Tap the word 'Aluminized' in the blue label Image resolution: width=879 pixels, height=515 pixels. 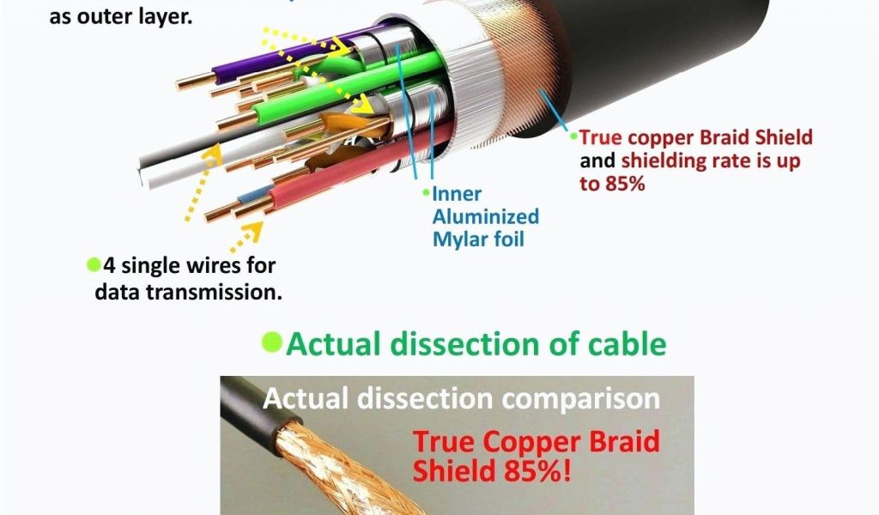tap(485, 216)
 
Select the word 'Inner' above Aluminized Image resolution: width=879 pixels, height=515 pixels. tap(457, 194)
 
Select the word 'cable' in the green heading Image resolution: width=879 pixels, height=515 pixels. tap(625, 343)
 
